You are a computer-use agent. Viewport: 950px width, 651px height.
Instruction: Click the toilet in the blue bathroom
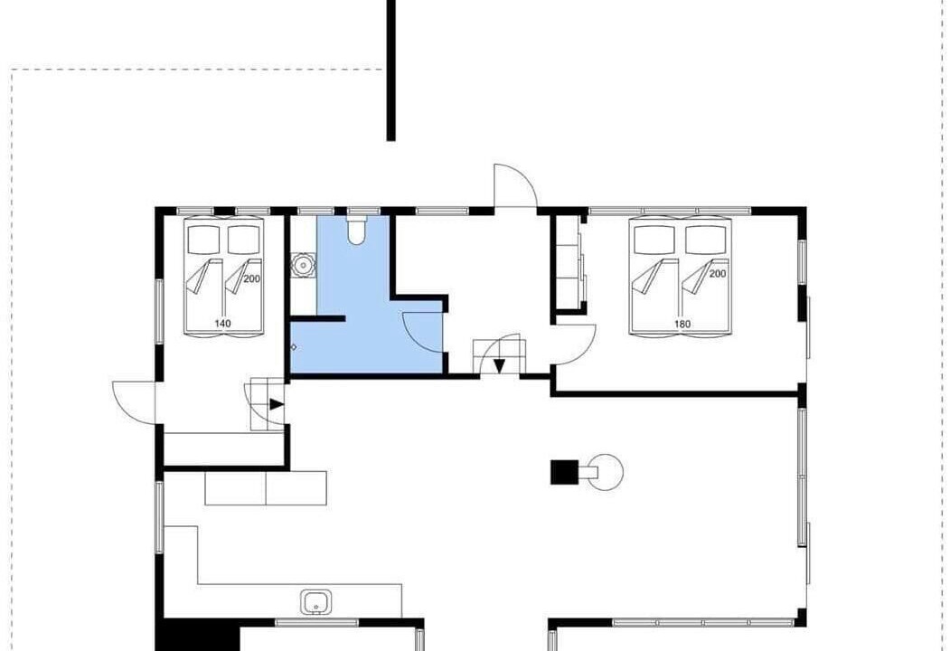coord(356,231)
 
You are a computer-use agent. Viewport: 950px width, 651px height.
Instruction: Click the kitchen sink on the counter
coord(315,602)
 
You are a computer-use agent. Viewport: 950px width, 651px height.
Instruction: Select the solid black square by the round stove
coord(563,472)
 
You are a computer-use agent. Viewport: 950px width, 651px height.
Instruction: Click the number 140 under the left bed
coord(223,324)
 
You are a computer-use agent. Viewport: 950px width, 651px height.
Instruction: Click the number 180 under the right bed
coord(682,324)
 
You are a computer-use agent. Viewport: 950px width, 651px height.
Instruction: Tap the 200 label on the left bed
coord(251,278)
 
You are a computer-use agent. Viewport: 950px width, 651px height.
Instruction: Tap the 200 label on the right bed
coord(718,273)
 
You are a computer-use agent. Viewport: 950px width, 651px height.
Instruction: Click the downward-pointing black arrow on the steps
coord(499,365)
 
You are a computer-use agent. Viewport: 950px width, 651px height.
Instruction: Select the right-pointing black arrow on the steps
coord(277,404)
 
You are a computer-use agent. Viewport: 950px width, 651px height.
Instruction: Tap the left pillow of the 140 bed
coord(203,240)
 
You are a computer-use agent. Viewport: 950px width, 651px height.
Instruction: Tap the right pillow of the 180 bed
coord(705,240)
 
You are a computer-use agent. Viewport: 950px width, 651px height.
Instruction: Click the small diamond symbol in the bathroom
coord(294,347)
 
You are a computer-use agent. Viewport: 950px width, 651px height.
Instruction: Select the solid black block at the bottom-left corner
coord(198,635)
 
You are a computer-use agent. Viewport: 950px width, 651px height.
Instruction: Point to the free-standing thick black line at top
coord(391,71)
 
